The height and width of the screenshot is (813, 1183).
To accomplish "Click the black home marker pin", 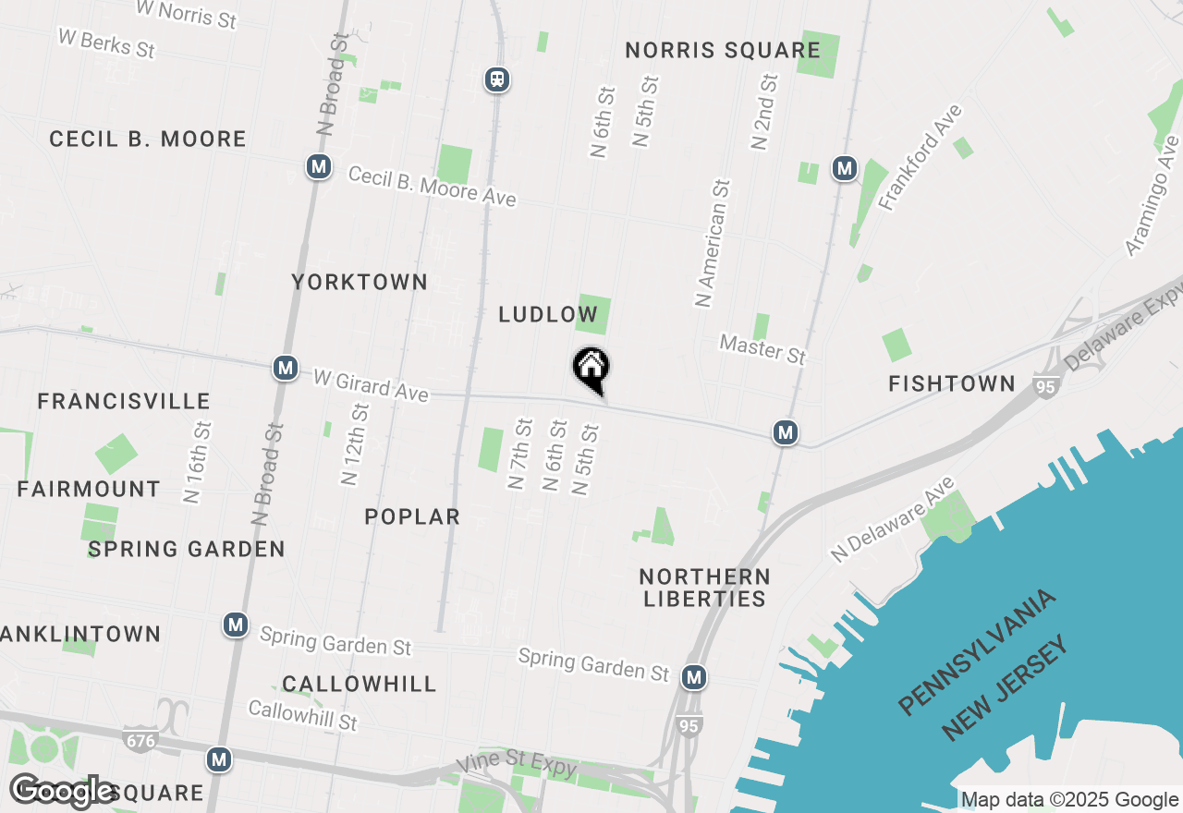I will [591, 369].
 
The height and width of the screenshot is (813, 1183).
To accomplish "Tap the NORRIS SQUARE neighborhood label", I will [723, 50].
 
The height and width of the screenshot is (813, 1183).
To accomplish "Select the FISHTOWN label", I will [951, 383].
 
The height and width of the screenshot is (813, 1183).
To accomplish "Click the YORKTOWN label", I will [360, 282].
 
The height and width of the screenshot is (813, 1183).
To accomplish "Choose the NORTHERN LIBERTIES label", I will [704, 588].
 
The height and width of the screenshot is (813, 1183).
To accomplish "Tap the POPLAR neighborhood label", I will [412, 516].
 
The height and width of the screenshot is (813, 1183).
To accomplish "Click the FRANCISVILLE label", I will [124, 401].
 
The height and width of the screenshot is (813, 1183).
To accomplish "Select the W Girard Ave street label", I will [371, 385].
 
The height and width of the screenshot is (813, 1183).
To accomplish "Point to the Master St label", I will [762, 350].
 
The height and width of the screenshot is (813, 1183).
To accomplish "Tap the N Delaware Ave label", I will [892, 519].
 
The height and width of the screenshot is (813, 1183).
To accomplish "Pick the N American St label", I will [712, 243].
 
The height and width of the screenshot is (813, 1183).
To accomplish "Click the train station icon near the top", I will [497, 79].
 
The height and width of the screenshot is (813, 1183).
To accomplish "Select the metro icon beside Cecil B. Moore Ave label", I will [319, 167].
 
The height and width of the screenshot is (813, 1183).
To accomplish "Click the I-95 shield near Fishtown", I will [1045, 387].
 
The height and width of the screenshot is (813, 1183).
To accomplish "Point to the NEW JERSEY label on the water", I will [1006, 688].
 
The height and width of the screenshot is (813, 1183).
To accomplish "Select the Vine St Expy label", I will [517, 766].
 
